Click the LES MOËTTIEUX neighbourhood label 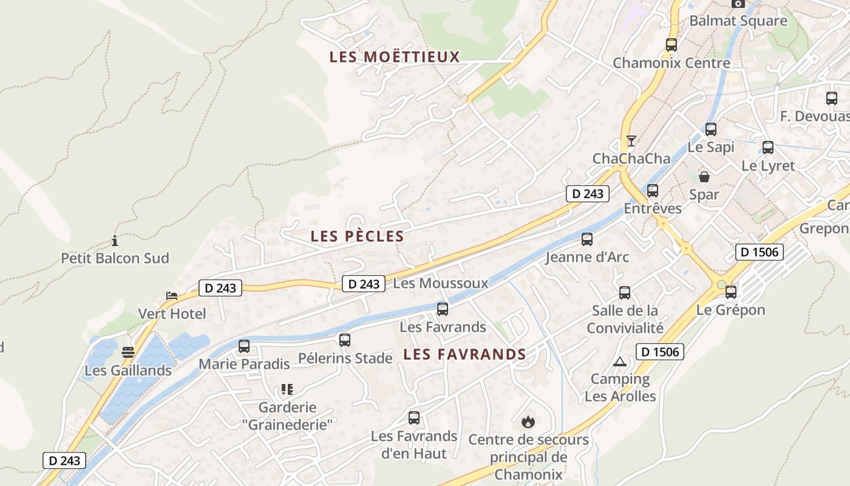[395, 57]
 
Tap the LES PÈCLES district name [357, 236]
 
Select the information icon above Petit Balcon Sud [115, 241]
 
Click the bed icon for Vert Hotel [172, 296]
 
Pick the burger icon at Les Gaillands [127, 352]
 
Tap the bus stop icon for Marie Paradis [244, 346]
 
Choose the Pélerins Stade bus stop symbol [345, 340]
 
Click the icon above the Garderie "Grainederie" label [287, 389]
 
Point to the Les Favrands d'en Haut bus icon [414, 418]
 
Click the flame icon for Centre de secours [528, 421]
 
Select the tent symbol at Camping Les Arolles [620, 361]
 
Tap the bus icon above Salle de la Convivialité [625, 293]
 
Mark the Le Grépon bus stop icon [731, 292]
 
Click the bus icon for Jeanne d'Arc [587, 239]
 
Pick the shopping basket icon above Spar [704, 177]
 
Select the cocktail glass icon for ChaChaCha [631, 141]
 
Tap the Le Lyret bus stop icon [768, 148]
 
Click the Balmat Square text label [738, 21]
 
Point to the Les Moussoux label [441, 283]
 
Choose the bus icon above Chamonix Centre [671, 45]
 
